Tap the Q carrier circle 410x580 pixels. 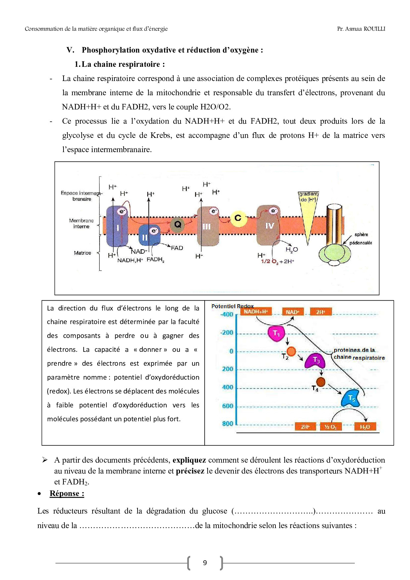click(178, 225)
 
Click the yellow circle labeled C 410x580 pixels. click(238, 218)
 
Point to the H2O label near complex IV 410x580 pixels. click(292, 250)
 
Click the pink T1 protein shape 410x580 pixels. click(276, 333)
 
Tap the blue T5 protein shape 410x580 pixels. click(351, 398)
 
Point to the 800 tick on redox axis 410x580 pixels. click(227, 424)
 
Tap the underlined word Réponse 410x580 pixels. click(67, 493)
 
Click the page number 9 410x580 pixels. click(205, 563)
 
